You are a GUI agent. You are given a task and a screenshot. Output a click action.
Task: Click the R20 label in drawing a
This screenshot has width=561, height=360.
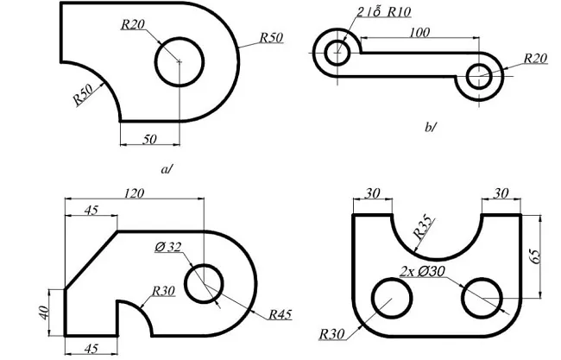tap(133, 24)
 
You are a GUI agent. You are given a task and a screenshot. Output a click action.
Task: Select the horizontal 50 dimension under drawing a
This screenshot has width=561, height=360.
tap(148, 137)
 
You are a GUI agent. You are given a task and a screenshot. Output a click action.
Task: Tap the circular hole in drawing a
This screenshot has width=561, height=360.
tap(179, 61)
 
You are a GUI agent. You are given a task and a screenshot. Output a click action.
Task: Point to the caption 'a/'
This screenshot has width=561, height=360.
tap(167, 169)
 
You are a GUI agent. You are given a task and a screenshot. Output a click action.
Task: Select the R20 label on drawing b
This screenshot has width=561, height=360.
tap(535, 58)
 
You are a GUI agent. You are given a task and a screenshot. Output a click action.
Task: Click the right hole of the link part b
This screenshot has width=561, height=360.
tap(479, 79)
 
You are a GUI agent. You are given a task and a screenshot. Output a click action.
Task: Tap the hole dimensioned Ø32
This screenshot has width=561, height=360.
tap(205, 283)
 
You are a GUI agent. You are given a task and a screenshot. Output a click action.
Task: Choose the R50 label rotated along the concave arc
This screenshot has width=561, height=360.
tap(84, 94)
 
